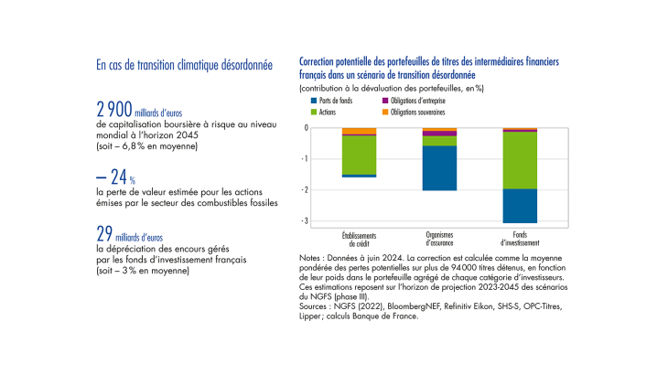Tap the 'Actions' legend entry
pyautogui.click(x=329, y=112)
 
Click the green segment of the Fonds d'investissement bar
pyautogui.click(x=519, y=160)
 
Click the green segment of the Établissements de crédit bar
pyautogui.click(x=358, y=155)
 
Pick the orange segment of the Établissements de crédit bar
pyautogui.click(x=358, y=131)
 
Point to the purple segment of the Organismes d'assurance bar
pyautogui.click(x=438, y=134)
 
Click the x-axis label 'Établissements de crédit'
pyautogui.click(x=358, y=238)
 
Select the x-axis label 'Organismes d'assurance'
pyautogui.click(x=438, y=238)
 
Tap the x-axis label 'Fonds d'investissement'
pyautogui.click(x=519, y=238)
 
